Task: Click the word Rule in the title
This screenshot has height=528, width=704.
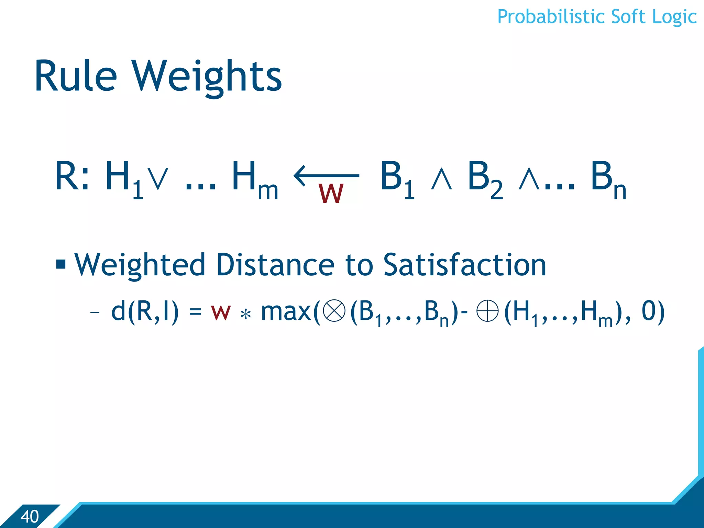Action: (x=76, y=76)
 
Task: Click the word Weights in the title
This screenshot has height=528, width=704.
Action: (x=207, y=76)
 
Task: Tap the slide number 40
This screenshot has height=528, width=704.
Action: (x=30, y=516)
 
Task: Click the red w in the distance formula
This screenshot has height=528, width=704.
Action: (x=220, y=312)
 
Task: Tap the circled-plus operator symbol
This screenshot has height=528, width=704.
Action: (x=487, y=311)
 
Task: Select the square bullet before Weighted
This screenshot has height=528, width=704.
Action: (x=61, y=264)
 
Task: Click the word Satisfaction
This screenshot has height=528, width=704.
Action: (x=464, y=265)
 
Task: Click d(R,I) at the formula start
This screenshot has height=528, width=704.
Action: (x=145, y=312)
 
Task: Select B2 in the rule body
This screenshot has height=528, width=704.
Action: (x=484, y=179)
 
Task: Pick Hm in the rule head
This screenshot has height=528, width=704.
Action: (x=254, y=179)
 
